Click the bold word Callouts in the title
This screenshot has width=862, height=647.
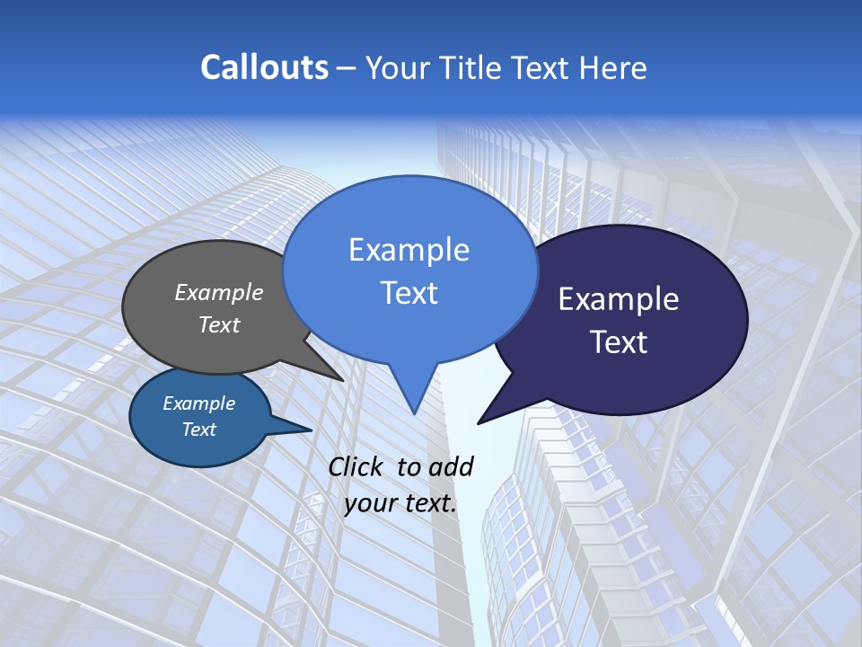point(264,67)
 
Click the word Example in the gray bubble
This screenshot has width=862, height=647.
point(219,293)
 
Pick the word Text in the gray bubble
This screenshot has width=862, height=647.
point(219,324)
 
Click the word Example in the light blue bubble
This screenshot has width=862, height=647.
point(409,250)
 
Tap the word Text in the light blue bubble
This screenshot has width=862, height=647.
point(409,293)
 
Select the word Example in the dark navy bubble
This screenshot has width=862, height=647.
point(619,299)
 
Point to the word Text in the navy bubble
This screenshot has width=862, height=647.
point(619,342)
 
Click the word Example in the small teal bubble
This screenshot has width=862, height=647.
point(199,403)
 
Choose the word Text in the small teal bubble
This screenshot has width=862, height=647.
point(199,430)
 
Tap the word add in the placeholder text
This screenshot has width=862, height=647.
point(451,466)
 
